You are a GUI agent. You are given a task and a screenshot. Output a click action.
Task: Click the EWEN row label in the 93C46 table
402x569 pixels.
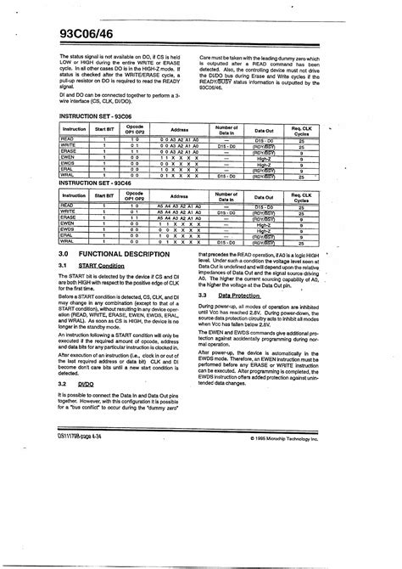click(69, 223)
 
